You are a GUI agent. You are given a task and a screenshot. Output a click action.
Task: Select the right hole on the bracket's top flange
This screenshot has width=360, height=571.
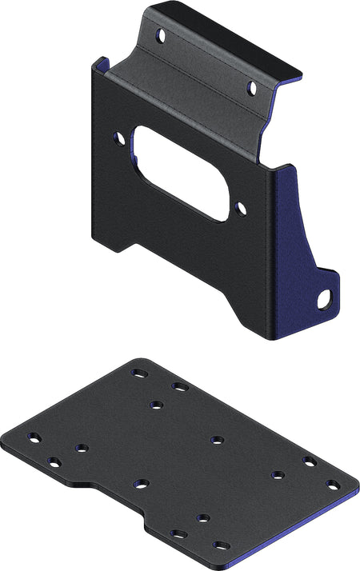(251, 87)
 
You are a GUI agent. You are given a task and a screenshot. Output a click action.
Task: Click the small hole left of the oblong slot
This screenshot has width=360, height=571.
(120, 138)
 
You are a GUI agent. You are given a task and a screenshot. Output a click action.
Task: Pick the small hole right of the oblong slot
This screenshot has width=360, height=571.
(242, 208)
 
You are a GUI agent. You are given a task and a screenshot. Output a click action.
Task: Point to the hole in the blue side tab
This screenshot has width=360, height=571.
(324, 300)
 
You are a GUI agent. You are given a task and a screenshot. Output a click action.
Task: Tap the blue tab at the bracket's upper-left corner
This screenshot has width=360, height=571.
(98, 63)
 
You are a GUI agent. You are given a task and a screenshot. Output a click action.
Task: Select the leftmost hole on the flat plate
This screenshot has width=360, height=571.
(34, 437)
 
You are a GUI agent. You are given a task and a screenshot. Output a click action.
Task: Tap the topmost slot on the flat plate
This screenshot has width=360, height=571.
(139, 373)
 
